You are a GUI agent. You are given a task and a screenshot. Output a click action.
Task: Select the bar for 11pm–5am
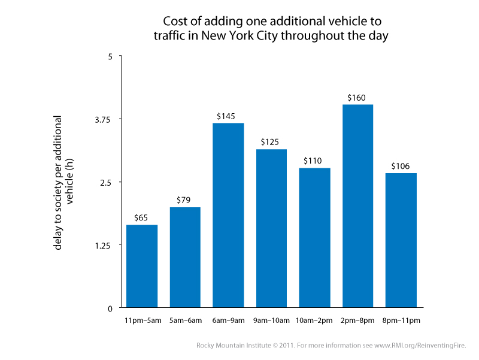[142, 266]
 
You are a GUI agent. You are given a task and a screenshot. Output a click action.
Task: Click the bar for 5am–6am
[185, 258]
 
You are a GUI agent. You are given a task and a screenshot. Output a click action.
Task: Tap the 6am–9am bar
[228, 216]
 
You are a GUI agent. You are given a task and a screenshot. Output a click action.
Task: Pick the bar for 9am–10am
[271, 228]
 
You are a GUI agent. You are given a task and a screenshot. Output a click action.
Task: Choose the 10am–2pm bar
[314, 238]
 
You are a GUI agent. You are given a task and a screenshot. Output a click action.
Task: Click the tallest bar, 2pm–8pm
[357, 206]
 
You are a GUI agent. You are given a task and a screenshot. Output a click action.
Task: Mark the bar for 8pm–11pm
[401, 240]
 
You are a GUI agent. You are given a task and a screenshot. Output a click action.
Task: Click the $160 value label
[357, 97]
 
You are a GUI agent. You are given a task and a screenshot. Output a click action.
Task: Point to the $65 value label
[142, 217]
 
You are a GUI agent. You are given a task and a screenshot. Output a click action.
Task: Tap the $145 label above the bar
[228, 116]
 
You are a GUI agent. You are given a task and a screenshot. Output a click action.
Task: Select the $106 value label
[401, 166]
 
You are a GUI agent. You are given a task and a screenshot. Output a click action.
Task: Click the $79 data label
[185, 200]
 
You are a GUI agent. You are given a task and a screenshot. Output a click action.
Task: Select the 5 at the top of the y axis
[110, 56]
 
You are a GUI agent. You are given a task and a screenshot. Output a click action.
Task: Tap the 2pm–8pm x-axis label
[357, 320]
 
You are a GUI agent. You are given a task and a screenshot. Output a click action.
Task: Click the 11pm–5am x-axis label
[142, 320]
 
